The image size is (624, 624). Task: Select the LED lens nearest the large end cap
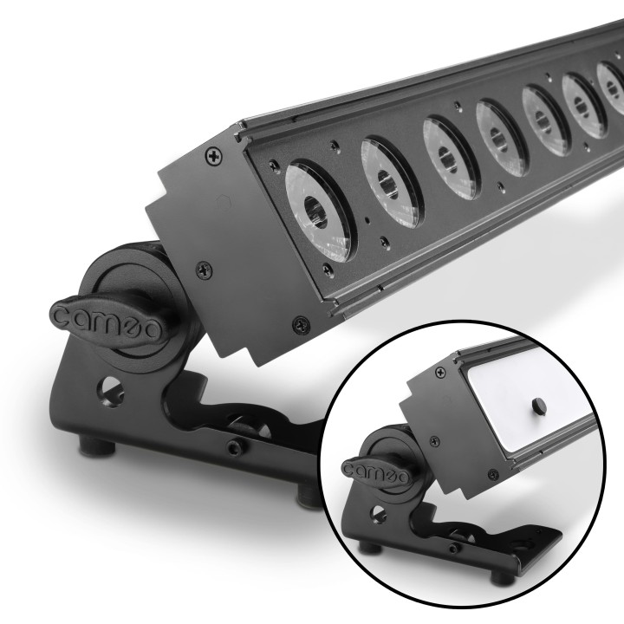pyautogui.click(x=316, y=210)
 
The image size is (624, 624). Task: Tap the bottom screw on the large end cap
pyautogui.click(x=299, y=321)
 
